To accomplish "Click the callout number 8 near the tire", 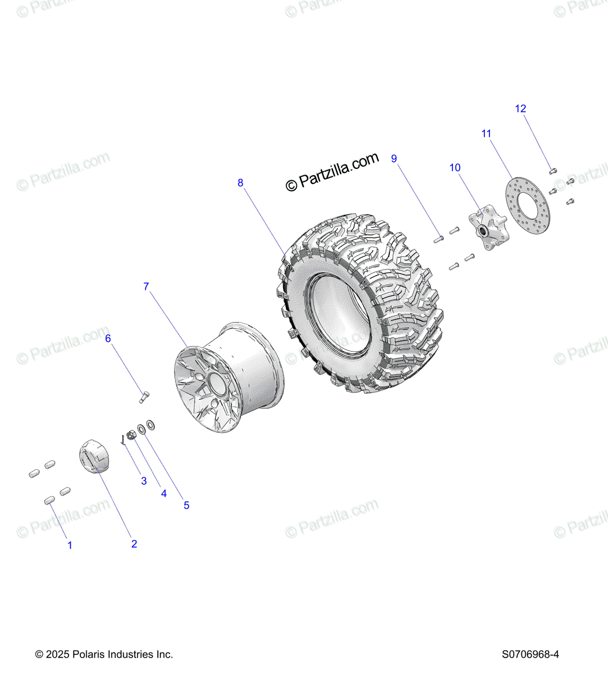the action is pyautogui.click(x=240, y=183).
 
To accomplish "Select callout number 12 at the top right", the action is pyautogui.click(x=521, y=108).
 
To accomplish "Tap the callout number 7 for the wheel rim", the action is pyautogui.click(x=146, y=287).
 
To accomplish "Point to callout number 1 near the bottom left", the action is pyautogui.click(x=70, y=545).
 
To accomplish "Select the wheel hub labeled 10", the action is pyautogui.click(x=488, y=227).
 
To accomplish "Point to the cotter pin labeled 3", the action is pyautogui.click(x=123, y=440).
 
